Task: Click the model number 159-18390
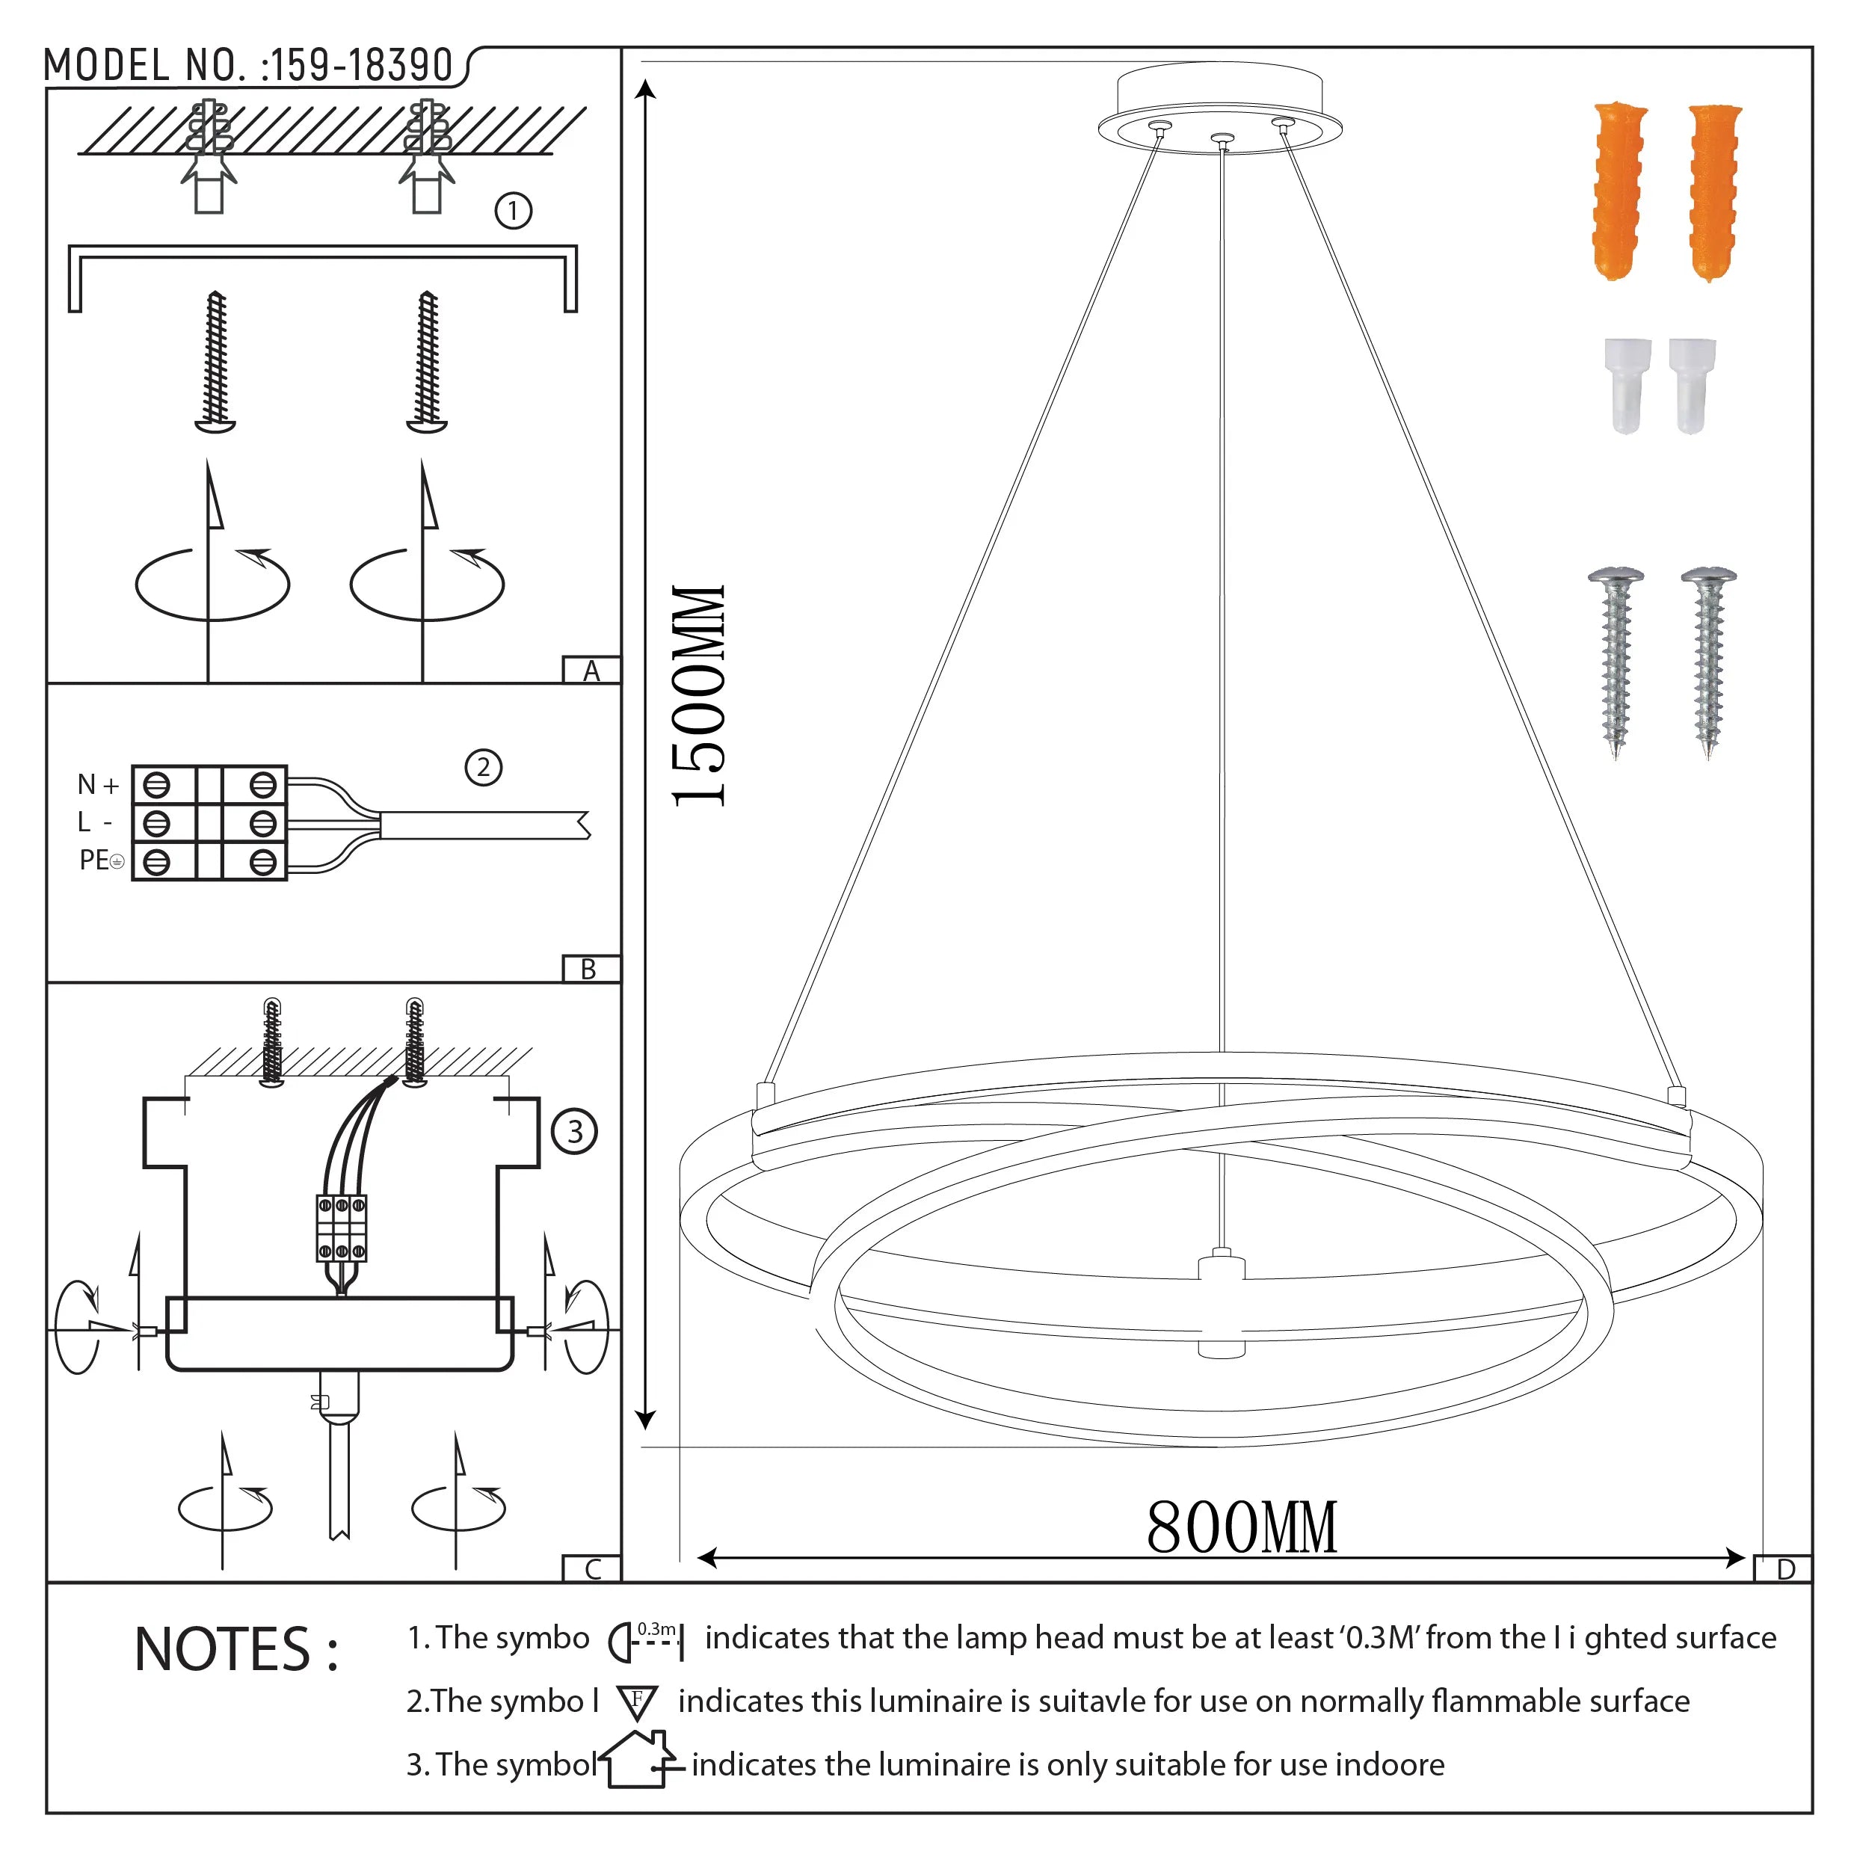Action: point(362,65)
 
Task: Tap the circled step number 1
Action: point(514,211)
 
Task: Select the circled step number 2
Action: point(484,768)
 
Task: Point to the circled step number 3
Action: point(575,1131)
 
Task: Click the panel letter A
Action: point(591,671)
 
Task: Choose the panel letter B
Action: point(589,969)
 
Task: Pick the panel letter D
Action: point(1786,1570)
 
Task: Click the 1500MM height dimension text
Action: point(698,696)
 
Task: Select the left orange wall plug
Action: point(1620,190)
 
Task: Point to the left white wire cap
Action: point(1627,385)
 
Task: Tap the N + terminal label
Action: point(98,785)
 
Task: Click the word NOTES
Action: point(236,1650)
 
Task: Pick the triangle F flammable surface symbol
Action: point(637,1702)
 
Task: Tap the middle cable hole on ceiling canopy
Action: point(1221,140)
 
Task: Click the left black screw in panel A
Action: point(216,362)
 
